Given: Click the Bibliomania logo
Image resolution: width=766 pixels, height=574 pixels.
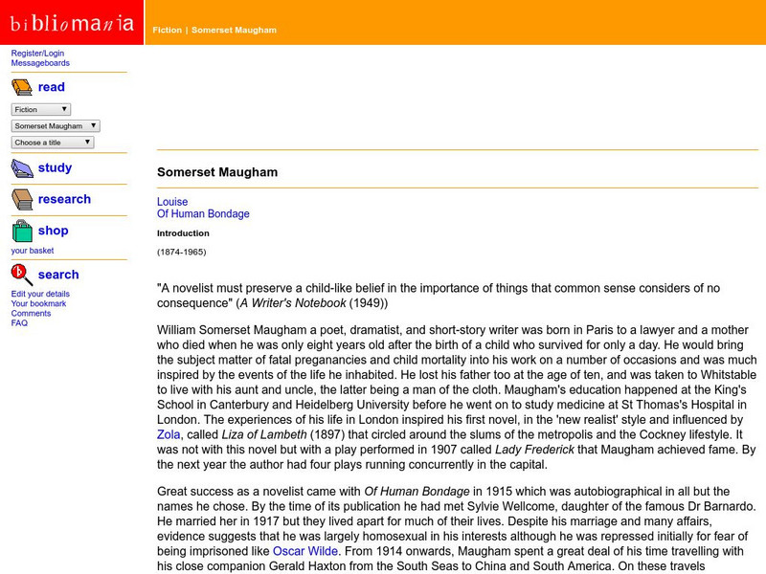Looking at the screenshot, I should coord(72,23).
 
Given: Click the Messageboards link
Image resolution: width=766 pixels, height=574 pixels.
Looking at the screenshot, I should coord(40,63).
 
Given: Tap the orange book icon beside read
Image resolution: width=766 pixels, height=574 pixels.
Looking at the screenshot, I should coord(22,88).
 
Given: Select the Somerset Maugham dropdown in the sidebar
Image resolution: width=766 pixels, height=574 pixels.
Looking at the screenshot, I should coord(56,125).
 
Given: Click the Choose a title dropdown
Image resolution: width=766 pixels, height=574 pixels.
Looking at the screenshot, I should coord(53,143).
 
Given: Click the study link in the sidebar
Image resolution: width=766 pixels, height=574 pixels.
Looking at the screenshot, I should coord(55,167).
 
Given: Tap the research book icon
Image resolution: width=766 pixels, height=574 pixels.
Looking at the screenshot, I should coord(22,200).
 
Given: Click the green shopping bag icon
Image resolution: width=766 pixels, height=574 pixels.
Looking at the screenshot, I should coord(22,232).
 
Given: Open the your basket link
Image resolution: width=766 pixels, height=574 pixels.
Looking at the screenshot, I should coord(33,251).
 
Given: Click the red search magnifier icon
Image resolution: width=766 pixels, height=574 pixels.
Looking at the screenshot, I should coord(22,276).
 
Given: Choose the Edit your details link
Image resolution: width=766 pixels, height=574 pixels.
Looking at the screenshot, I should coord(40,294).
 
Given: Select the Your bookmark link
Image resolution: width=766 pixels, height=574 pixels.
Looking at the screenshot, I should coord(39,303).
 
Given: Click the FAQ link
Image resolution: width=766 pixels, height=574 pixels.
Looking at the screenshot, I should coord(19,323).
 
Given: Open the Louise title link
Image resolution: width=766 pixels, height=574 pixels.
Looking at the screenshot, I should coord(172,202).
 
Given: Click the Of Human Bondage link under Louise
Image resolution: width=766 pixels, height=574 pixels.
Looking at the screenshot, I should coord(203,214).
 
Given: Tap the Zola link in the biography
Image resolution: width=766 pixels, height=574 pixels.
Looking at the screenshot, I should coord(169,432).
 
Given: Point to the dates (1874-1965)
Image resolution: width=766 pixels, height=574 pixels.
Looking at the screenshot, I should coord(181,252).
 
